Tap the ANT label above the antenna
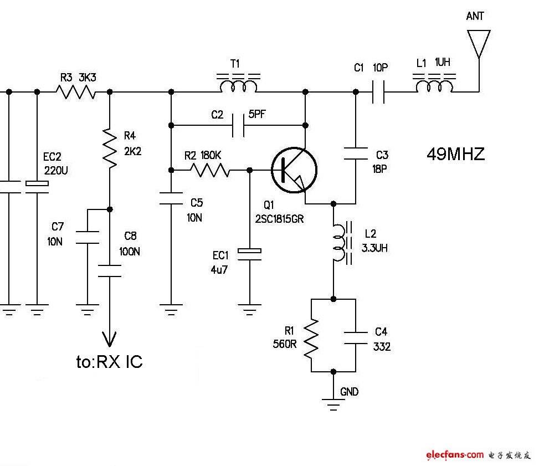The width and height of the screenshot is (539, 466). (x=475, y=16)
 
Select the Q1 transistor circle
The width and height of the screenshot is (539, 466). (x=294, y=170)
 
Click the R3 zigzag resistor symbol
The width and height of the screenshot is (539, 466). (x=76, y=92)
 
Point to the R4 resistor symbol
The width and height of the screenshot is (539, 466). (x=110, y=148)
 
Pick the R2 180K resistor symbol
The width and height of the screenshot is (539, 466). (x=210, y=170)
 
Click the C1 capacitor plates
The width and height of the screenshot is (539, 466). (x=378, y=92)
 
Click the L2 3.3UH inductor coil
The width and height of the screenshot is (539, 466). (x=341, y=243)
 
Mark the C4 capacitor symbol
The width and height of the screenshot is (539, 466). (x=356, y=337)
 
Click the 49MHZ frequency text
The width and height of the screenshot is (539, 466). (x=456, y=154)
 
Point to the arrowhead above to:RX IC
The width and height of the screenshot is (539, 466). (x=110, y=339)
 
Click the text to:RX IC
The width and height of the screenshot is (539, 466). (x=109, y=362)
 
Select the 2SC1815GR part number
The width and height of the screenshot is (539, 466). (x=279, y=219)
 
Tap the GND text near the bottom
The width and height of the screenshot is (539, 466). (x=349, y=392)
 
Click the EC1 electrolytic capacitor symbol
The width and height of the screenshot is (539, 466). (x=250, y=254)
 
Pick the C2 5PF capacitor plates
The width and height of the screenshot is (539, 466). (x=238, y=125)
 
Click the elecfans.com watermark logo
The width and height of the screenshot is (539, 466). (x=455, y=455)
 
